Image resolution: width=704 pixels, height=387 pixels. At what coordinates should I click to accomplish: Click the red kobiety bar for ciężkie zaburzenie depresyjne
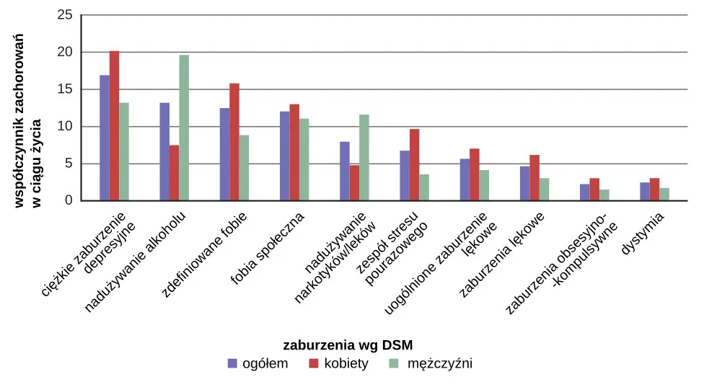[114, 126]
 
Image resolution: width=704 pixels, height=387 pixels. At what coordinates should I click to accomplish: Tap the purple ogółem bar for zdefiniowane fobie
[224, 154]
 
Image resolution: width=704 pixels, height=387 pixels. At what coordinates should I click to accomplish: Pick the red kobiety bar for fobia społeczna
[294, 153]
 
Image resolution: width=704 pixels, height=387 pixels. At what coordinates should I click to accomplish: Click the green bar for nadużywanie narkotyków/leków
[364, 158]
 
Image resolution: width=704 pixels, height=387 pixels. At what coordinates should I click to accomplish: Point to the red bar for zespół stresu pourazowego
[414, 165]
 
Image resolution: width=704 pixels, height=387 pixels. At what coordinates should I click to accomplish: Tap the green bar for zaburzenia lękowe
[545, 190]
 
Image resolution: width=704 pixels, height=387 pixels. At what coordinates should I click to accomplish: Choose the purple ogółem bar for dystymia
[645, 192]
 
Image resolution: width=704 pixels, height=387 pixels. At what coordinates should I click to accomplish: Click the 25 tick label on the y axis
[65, 14]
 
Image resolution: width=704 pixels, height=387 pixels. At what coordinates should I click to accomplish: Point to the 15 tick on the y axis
[65, 89]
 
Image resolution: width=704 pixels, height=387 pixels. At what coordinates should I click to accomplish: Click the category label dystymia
[643, 234]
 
